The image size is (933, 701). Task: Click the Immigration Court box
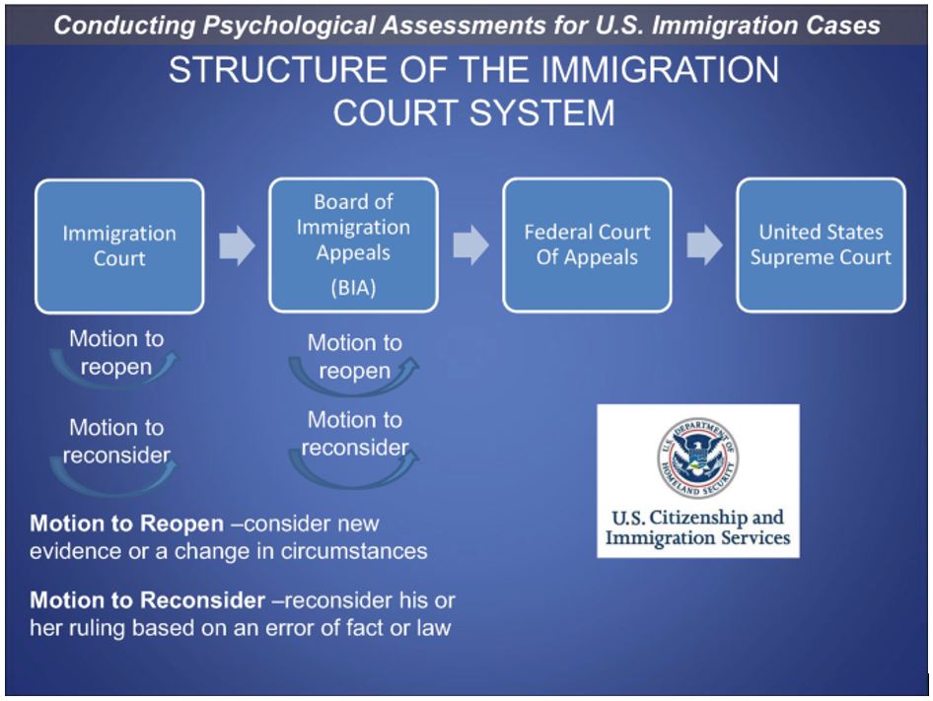119,245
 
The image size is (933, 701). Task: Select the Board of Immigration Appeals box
353,245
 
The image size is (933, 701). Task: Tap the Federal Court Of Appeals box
587,245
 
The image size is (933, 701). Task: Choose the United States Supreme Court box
821,245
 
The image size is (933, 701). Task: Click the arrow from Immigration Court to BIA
237,246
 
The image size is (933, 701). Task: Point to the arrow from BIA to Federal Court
470,246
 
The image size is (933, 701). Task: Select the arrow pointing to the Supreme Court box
704,246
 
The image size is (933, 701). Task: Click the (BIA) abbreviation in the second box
353,291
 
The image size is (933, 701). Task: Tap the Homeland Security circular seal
698,456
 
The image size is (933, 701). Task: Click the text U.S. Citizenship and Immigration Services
698,527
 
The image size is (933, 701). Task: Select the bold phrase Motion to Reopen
125,524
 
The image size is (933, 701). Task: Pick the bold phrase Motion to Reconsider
148,599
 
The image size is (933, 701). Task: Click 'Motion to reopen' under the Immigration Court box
116,353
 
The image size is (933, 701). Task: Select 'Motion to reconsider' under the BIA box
354,434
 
